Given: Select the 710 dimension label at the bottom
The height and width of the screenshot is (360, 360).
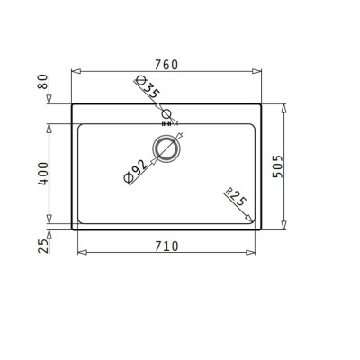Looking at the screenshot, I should (167, 244).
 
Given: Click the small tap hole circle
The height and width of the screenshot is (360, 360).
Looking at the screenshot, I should (166, 113).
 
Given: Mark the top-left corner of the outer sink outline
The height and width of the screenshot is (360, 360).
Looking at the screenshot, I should (71, 104).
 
